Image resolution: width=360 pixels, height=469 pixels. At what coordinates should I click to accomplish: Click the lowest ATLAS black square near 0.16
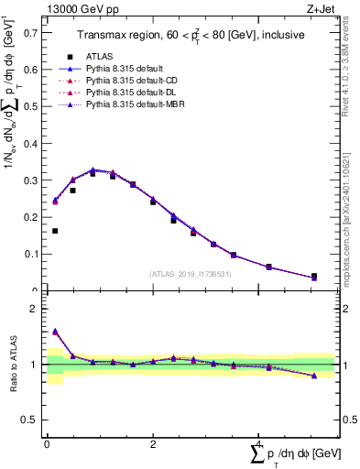click(55, 231)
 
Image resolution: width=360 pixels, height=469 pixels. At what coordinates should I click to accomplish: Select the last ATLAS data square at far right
click(313, 276)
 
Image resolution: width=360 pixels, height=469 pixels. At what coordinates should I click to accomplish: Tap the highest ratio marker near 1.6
click(55, 332)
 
